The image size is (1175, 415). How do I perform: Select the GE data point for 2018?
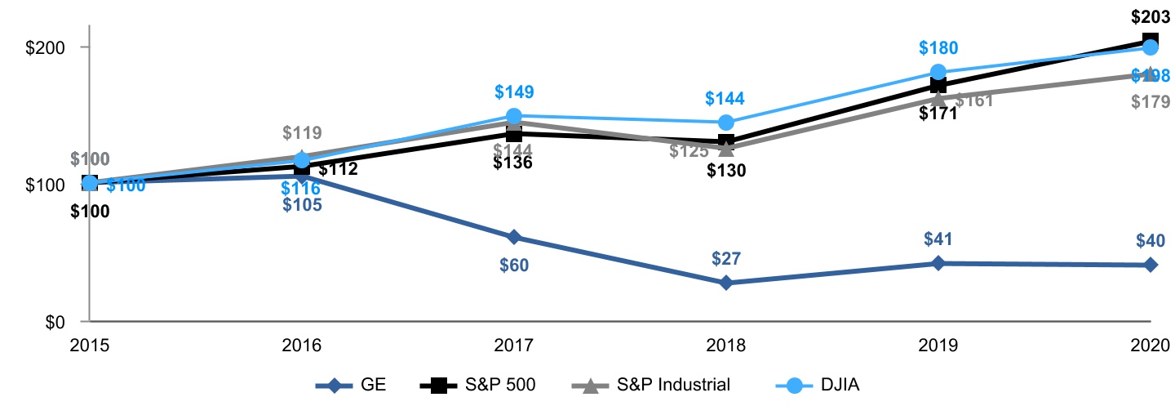tap(725, 283)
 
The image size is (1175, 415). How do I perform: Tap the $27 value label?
tap(725, 258)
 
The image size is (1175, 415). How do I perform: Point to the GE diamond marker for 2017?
tap(513, 237)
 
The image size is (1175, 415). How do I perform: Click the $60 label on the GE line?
tap(513, 265)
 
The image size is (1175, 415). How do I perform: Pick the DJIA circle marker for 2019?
tap(938, 72)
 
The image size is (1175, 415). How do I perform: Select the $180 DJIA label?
tap(938, 47)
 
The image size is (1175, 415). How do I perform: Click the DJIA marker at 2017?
tap(513, 116)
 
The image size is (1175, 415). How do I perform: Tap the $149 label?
tap(513, 91)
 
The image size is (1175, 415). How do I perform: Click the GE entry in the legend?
tap(351, 386)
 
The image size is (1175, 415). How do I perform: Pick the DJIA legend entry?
tap(815, 386)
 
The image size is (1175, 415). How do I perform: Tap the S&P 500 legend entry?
tap(482, 386)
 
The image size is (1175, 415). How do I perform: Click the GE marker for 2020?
tap(1150, 265)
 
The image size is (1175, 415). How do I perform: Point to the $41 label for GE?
tap(938, 239)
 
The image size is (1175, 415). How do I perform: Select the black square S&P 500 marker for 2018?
tap(725, 142)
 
